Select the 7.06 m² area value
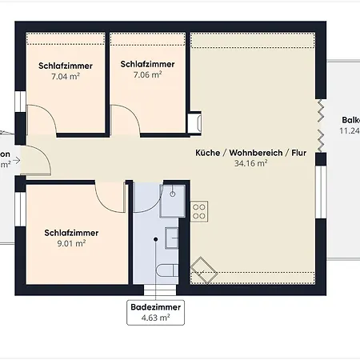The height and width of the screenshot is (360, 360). (147, 75)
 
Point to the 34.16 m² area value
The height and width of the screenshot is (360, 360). (250, 162)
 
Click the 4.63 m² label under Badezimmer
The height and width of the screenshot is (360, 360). (155, 318)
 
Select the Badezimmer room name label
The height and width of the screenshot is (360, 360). (155, 306)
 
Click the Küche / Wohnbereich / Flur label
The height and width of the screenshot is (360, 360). (250, 151)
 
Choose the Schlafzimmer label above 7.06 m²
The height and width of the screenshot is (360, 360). (147, 63)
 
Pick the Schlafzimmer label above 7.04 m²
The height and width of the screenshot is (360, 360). (65, 66)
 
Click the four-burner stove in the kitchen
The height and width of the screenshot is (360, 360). (199, 212)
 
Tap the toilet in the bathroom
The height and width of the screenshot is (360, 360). (166, 270)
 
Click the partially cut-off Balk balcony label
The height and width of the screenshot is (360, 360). (349, 119)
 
